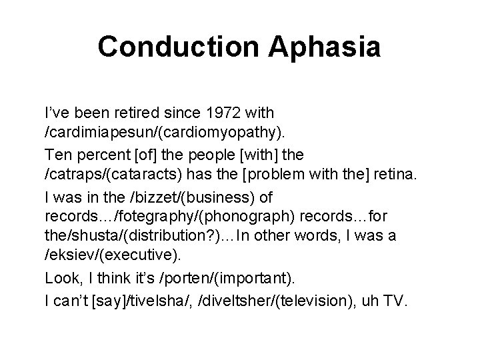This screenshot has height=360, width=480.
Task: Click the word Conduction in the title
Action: tap(177, 47)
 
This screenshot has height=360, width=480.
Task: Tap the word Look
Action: tap(61, 279)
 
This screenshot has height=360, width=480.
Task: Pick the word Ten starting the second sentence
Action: tap(57, 155)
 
